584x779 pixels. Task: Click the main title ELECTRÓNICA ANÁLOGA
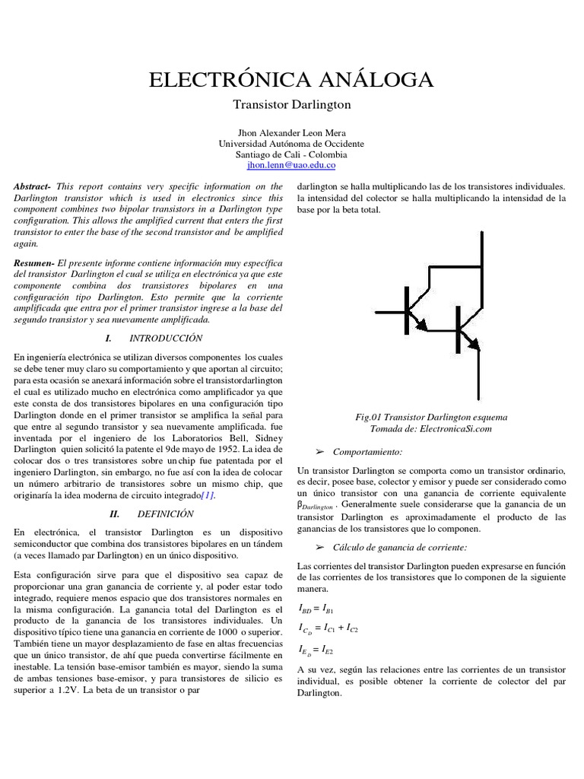point(291,79)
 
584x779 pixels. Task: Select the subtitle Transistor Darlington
point(291,104)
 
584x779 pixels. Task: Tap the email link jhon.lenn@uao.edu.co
point(291,164)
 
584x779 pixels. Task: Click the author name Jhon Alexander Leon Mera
point(291,132)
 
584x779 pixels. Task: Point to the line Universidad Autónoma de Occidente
point(291,143)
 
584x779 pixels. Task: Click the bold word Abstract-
point(33,186)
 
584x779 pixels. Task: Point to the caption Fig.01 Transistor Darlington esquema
point(431,418)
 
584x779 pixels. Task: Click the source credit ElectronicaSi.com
point(456,429)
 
